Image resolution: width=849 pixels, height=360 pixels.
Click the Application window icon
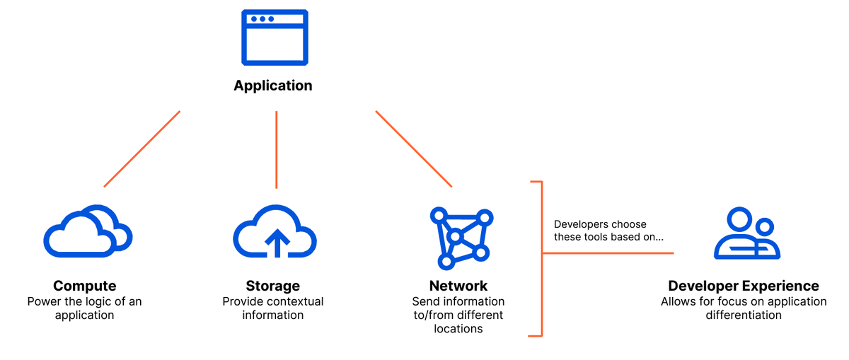tap(275, 37)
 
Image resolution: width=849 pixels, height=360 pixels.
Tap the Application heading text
tap(273, 86)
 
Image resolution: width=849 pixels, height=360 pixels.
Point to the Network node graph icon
tap(461, 238)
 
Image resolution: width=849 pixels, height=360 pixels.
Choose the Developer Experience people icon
tap(746, 233)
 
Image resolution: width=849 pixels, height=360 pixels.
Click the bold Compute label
tap(85, 286)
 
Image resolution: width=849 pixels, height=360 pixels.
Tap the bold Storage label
tap(273, 286)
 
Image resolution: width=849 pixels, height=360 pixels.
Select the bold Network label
tap(458, 286)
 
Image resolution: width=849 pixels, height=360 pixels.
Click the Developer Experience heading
tap(744, 286)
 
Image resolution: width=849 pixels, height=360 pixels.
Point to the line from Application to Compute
tap(142, 149)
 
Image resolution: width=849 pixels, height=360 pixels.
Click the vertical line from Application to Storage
tap(276, 149)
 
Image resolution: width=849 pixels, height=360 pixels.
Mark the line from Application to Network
tap(414, 149)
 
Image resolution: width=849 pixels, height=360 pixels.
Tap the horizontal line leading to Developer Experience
tap(608, 253)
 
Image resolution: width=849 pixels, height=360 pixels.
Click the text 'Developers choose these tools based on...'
tap(608, 231)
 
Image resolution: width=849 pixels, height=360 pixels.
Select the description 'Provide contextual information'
tap(273, 308)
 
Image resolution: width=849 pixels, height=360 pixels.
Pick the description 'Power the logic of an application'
tap(85, 308)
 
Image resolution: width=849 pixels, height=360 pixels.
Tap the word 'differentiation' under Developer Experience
tap(744, 315)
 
